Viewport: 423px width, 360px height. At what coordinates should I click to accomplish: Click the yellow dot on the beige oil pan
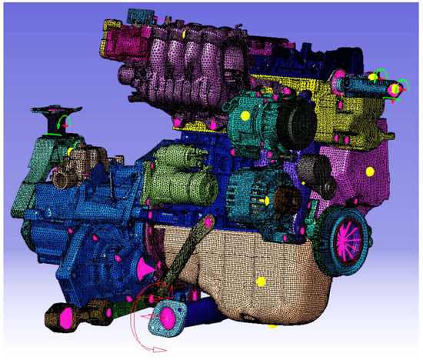pos(261,282)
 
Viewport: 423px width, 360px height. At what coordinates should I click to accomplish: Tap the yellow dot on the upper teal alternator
pos(245,115)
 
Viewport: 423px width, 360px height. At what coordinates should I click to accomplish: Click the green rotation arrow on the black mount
pos(66,121)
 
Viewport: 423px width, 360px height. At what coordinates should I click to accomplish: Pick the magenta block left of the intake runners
pos(123,38)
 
